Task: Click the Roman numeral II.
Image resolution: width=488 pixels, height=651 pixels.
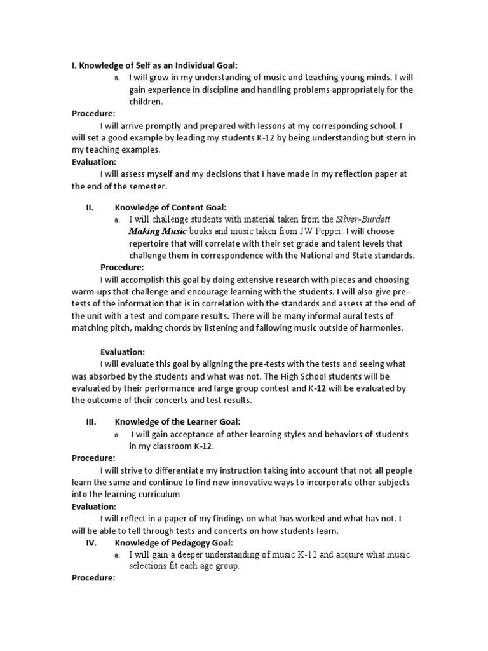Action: pos(90,207)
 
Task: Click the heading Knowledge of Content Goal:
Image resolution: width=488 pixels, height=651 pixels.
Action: pos(170,207)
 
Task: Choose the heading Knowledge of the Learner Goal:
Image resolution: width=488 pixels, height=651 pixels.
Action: pos(177,421)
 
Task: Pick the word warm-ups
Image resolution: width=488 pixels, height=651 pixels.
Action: pos(91,292)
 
